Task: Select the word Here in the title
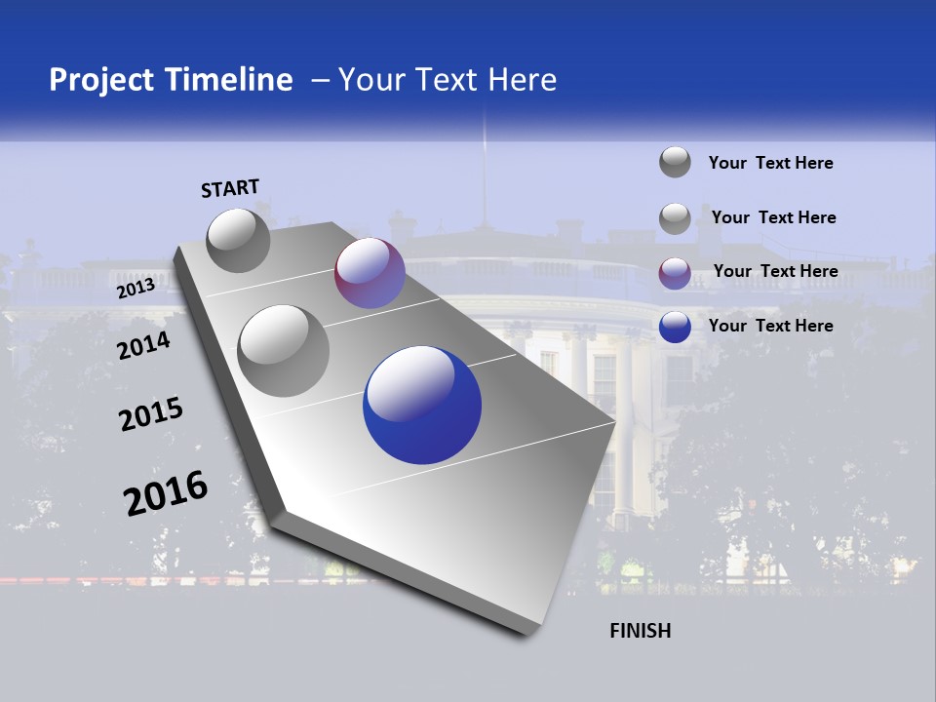point(522,80)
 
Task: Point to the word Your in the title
point(372,80)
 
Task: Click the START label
point(230,188)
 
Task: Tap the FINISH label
point(641,631)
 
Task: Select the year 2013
point(136,288)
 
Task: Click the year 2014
point(143,345)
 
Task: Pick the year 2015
point(150,413)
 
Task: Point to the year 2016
point(166,493)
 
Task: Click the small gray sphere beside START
point(238,240)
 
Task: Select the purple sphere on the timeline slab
point(370,273)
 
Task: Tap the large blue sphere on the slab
point(422,405)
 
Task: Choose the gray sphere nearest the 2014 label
point(283,350)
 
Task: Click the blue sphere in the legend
point(675,328)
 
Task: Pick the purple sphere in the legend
point(675,273)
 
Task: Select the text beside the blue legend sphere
point(771,326)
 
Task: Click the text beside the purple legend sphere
point(775,271)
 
